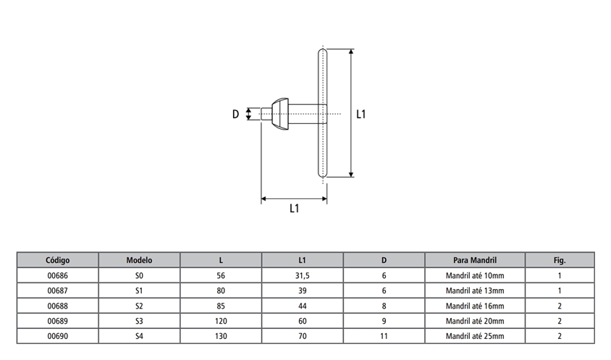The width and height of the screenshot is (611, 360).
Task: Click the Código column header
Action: click(57, 260)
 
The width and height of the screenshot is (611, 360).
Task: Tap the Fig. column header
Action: click(559, 260)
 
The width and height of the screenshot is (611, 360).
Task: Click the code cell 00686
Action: click(57, 276)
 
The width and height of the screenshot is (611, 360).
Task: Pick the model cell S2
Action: click(139, 306)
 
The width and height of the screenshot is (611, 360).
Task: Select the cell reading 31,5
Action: click(303, 276)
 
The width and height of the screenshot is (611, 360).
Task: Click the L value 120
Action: click(221, 321)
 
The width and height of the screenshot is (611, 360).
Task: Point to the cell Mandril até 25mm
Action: click(474, 336)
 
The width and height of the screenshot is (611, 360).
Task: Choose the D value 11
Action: click(384, 336)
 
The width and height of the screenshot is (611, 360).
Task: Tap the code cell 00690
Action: click(57, 336)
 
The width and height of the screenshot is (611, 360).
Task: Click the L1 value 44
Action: click(303, 306)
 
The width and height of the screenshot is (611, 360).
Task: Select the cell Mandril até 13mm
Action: click(474, 291)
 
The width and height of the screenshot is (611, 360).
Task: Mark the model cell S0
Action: click(139, 276)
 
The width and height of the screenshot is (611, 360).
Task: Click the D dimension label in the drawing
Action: click(235, 114)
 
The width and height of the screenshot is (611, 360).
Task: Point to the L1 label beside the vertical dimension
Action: click(362, 114)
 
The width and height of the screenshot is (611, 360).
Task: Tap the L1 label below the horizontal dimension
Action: click(294, 209)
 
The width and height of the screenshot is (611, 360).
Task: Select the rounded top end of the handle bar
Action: click(323, 52)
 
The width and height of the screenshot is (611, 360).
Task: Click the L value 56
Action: click(221, 276)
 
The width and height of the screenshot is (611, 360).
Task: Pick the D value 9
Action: click(384, 321)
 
